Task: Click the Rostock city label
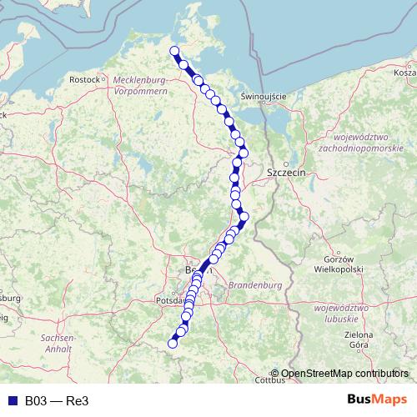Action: click(84, 79)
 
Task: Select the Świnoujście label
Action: click(264, 97)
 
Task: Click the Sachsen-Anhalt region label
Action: click(58, 343)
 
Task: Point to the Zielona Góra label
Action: click(359, 339)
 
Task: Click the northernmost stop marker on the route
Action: click(175, 52)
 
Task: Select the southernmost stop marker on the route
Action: click(173, 343)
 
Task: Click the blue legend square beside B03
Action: click(12, 401)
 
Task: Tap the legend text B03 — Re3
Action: click(56, 401)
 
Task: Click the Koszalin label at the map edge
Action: click(405, 73)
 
